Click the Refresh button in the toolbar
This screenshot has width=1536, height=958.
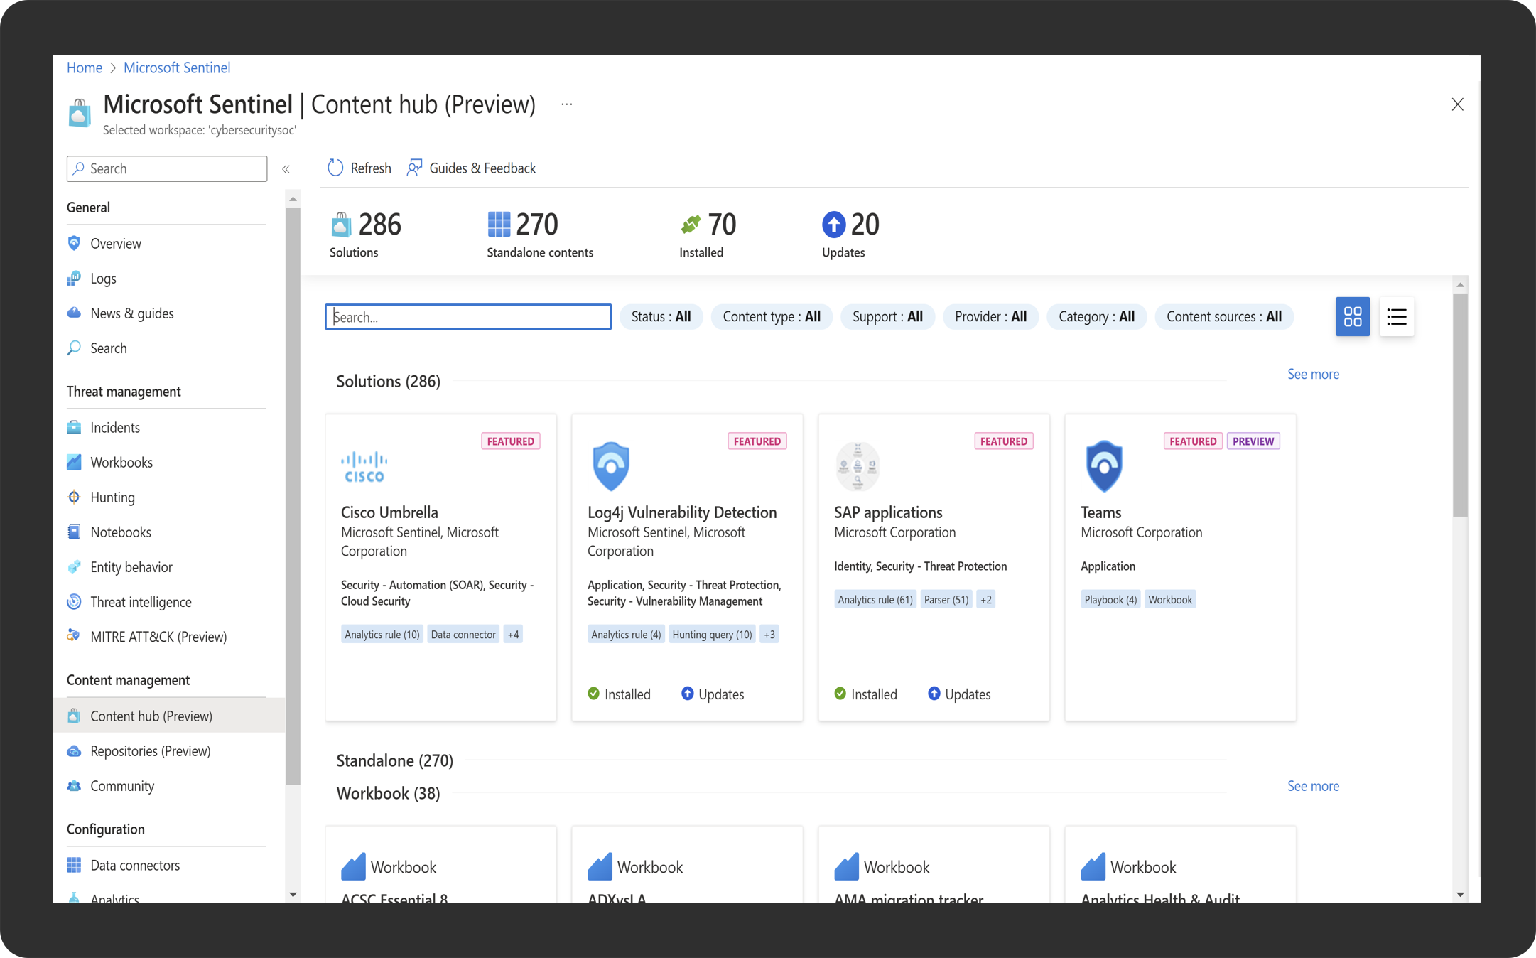359,168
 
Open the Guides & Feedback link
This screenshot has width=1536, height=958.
472,168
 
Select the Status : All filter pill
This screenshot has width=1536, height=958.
661,317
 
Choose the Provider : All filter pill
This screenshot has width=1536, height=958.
990,317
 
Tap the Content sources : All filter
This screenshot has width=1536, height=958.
1223,317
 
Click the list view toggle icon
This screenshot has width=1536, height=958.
1396,317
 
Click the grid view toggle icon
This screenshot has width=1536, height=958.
1352,317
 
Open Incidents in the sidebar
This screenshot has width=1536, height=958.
115,428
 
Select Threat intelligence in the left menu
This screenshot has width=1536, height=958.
141,602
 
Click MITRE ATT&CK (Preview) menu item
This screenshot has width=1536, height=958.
158,637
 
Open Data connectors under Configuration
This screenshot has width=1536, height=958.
135,866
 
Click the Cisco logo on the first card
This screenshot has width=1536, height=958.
364,468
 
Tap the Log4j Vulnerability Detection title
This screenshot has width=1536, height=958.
682,512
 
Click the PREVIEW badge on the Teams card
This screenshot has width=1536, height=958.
1253,441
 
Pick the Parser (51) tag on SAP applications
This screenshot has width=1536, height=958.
946,600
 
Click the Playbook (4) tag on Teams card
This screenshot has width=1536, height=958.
1110,600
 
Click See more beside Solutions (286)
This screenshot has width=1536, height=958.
1313,375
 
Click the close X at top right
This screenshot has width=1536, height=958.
1457,105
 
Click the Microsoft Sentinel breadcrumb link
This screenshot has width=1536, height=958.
177,68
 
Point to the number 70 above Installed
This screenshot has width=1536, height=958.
722,225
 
